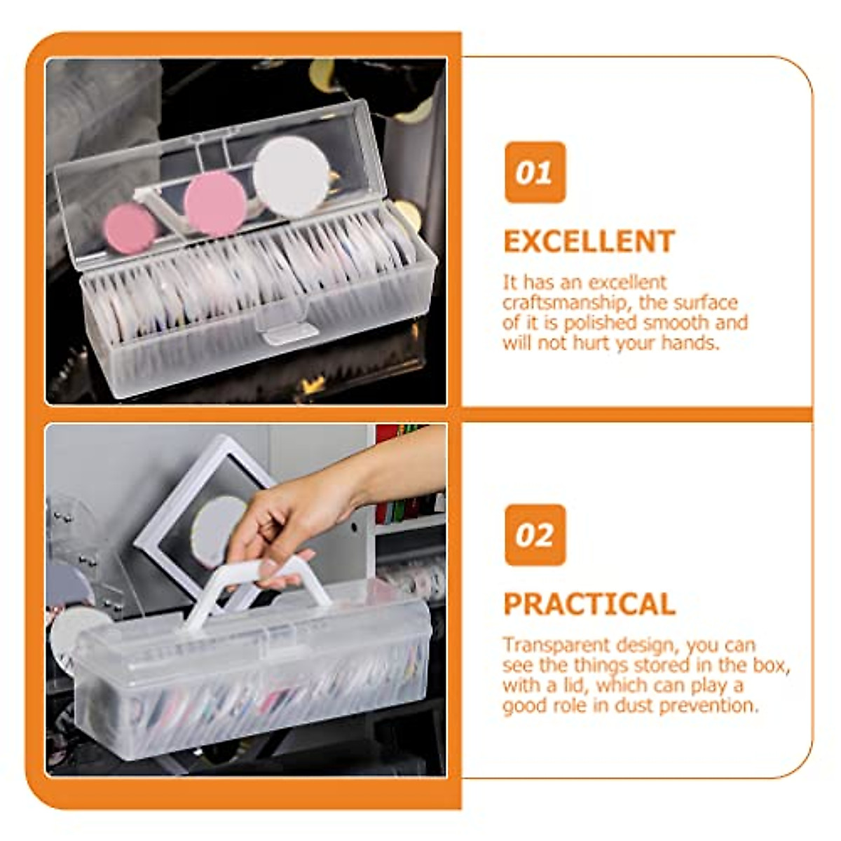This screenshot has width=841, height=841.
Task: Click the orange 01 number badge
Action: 535,172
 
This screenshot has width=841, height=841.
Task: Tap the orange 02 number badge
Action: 535,535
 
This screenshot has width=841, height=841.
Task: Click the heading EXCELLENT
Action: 589,242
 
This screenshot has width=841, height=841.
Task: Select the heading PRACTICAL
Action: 589,604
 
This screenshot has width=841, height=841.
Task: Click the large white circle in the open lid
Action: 291,176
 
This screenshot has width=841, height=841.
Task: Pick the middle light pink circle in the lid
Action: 215,203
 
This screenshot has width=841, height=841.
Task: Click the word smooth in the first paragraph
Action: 678,323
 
